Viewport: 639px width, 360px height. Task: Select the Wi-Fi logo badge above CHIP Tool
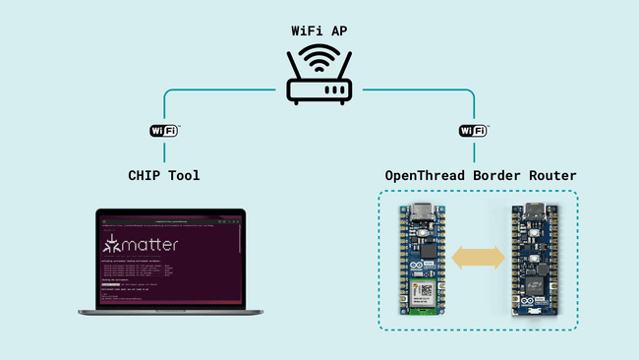click(x=164, y=131)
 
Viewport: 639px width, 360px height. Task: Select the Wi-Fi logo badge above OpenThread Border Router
click(x=474, y=131)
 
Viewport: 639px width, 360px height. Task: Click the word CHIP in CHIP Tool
click(x=146, y=175)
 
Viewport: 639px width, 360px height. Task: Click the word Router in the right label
click(x=551, y=175)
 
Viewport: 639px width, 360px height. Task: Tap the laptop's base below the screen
click(x=161, y=310)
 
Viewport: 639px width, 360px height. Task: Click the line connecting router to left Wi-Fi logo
click(x=216, y=91)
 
